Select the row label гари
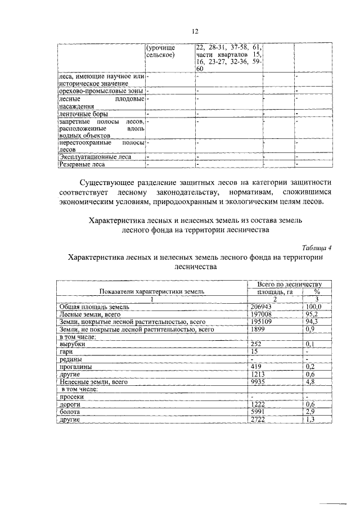(x=66, y=351)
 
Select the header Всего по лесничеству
(x=289, y=285)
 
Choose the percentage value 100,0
(x=313, y=307)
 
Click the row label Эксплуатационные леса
(x=94, y=157)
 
